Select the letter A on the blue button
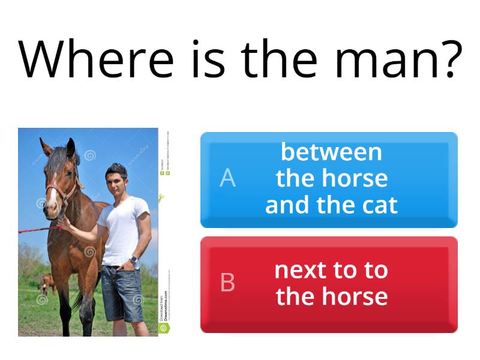click(227, 178)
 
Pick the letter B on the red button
click(227, 283)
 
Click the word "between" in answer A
click(331, 152)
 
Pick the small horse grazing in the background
click(46, 282)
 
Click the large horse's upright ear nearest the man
click(71, 147)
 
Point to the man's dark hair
click(116, 169)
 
